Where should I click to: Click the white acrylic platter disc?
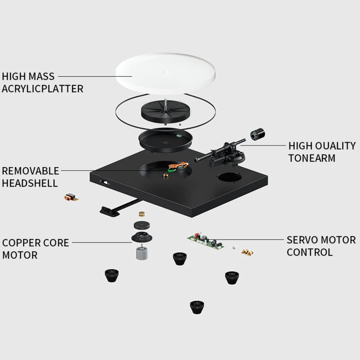tap(165, 73)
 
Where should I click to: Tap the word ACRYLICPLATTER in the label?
tap(42, 89)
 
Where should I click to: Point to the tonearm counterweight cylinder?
tap(257, 134)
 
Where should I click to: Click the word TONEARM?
tap(312, 158)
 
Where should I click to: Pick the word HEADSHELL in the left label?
tap(30, 183)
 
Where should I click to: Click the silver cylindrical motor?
tap(142, 253)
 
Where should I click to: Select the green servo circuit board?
tap(206, 241)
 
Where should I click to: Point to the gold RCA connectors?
tap(247, 252)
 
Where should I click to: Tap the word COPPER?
tap(19, 243)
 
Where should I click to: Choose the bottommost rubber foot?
tap(197, 307)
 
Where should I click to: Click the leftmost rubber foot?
tap(112, 275)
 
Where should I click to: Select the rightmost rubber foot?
tap(232, 278)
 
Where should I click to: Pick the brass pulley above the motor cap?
tap(142, 214)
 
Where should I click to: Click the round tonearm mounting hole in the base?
tap(230, 178)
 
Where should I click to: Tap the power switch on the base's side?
tap(105, 183)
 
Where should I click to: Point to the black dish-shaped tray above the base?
tap(165, 140)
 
